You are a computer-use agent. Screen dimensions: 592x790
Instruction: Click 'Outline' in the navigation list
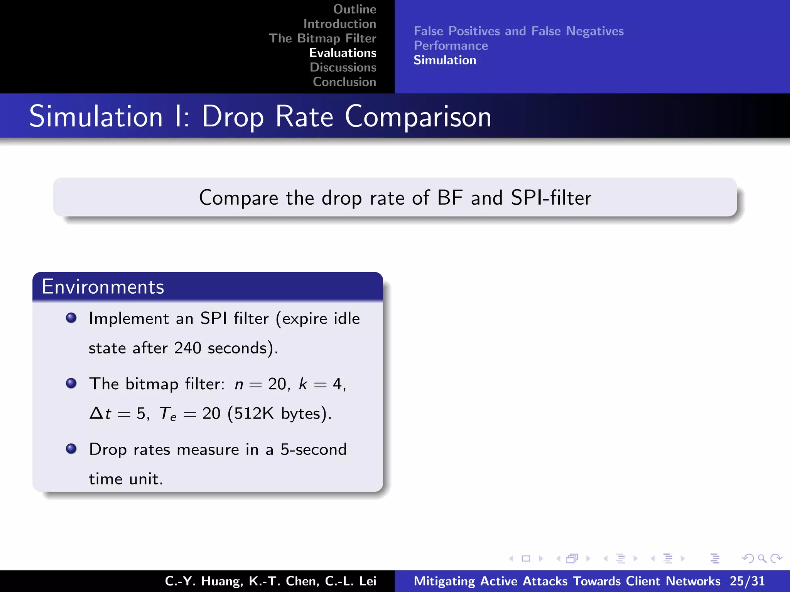(x=354, y=9)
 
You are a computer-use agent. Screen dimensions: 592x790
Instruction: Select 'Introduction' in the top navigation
(x=339, y=24)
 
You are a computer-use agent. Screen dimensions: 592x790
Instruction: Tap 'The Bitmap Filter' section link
(x=322, y=39)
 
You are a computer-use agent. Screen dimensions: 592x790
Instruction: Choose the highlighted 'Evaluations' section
(x=343, y=53)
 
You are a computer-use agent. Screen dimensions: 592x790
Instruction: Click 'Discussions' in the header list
(x=343, y=67)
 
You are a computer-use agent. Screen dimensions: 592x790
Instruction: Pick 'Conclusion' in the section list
(x=344, y=82)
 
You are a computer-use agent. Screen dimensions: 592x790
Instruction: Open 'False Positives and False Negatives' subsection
(x=518, y=31)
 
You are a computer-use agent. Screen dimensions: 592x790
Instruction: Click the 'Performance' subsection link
(x=451, y=46)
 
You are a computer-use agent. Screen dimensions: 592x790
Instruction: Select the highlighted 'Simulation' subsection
(x=445, y=61)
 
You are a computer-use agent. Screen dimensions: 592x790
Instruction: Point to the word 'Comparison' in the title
(x=418, y=117)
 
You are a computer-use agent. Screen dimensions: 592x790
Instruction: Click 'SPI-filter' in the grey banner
(x=551, y=198)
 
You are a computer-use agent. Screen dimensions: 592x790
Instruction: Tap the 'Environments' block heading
(x=103, y=287)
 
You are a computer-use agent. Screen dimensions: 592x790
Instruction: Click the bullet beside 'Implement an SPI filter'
(x=71, y=318)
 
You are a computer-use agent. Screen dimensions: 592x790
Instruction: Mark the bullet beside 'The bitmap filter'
(x=71, y=383)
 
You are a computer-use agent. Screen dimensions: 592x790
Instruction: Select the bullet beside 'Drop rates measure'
(x=71, y=449)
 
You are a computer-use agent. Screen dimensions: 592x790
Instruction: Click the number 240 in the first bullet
(x=187, y=348)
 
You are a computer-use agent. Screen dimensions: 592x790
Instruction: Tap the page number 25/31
(x=747, y=581)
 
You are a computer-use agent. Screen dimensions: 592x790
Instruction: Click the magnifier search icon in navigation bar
(x=762, y=558)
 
